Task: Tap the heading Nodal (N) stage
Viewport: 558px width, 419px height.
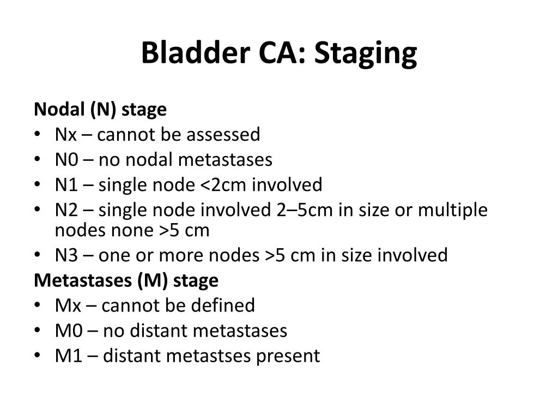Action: [100, 110]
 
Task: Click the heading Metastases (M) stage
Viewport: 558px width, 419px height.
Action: [126, 280]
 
